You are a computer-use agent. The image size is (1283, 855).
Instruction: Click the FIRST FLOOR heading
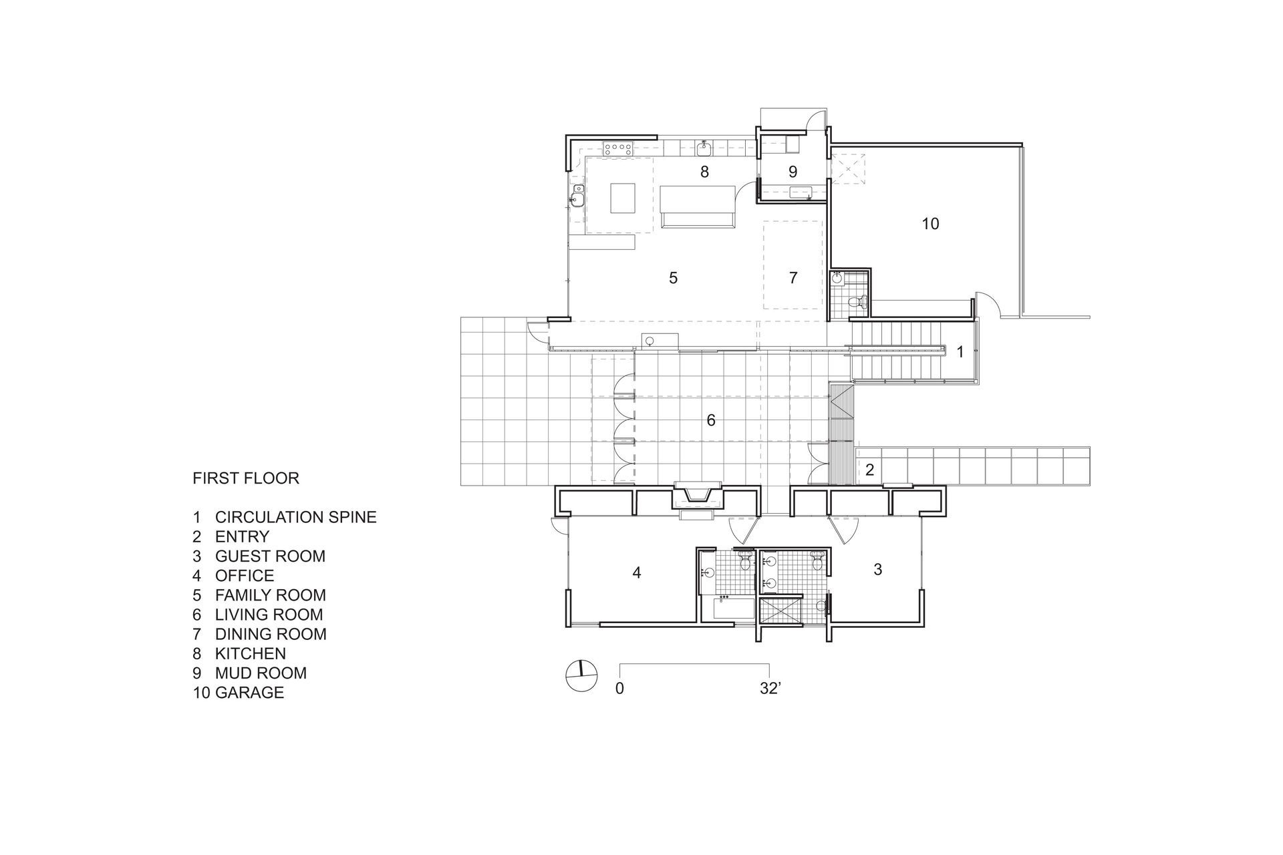(246, 478)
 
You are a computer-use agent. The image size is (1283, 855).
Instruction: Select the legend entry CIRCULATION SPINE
(296, 517)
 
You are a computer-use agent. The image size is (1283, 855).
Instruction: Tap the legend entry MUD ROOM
(261, 673)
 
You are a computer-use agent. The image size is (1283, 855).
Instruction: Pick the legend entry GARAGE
(249, 692)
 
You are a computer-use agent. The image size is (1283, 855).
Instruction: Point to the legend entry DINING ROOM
(271, 634)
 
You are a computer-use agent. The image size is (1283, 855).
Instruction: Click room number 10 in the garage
(930, 224)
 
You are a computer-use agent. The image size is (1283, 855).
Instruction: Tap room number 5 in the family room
(674, 278)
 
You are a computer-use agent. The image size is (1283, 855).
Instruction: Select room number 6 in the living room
(711, 420)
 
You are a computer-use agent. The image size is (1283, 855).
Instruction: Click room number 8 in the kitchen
(704, 172)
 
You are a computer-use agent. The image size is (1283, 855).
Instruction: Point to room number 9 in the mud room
(793, 172)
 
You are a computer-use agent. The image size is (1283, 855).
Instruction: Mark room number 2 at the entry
(869, 470)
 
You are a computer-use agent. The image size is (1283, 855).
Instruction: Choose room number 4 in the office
(637, 572)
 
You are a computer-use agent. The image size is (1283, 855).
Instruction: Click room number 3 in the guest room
(878, 569)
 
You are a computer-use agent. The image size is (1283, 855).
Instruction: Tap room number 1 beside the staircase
(960, 352)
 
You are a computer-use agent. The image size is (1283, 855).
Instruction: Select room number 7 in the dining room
(793, 278)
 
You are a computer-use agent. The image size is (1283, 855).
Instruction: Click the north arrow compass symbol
(580, 677)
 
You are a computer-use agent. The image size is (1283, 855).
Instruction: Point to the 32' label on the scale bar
(770, 689)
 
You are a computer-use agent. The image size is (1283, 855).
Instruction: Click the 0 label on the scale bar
(619, 689)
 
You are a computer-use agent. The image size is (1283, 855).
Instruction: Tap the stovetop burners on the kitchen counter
(150, 148)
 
